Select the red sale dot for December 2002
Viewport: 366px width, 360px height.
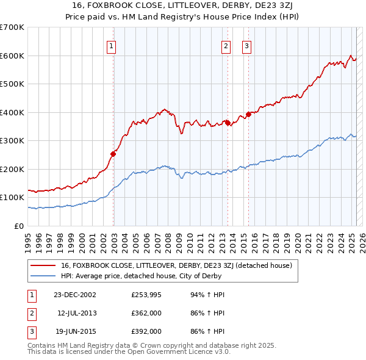pyautogui.click(x=113, y=154)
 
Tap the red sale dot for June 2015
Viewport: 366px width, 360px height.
pyautogui.click(x=249, y=114)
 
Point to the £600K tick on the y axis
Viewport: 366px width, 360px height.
pyautogui.click(x=13, y=56)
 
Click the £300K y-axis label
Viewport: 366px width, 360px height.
pyautogui.click(x=13, y=140)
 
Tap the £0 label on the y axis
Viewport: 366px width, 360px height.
pyautogui.click(x=20, y=226)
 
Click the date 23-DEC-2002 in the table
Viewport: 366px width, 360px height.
pyautogui.click(x=75, y=295)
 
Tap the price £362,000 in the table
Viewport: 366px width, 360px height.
pyautogui.click(x=146, y=313)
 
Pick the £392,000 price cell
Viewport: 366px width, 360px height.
pyautogui.click(x=146, y=331)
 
